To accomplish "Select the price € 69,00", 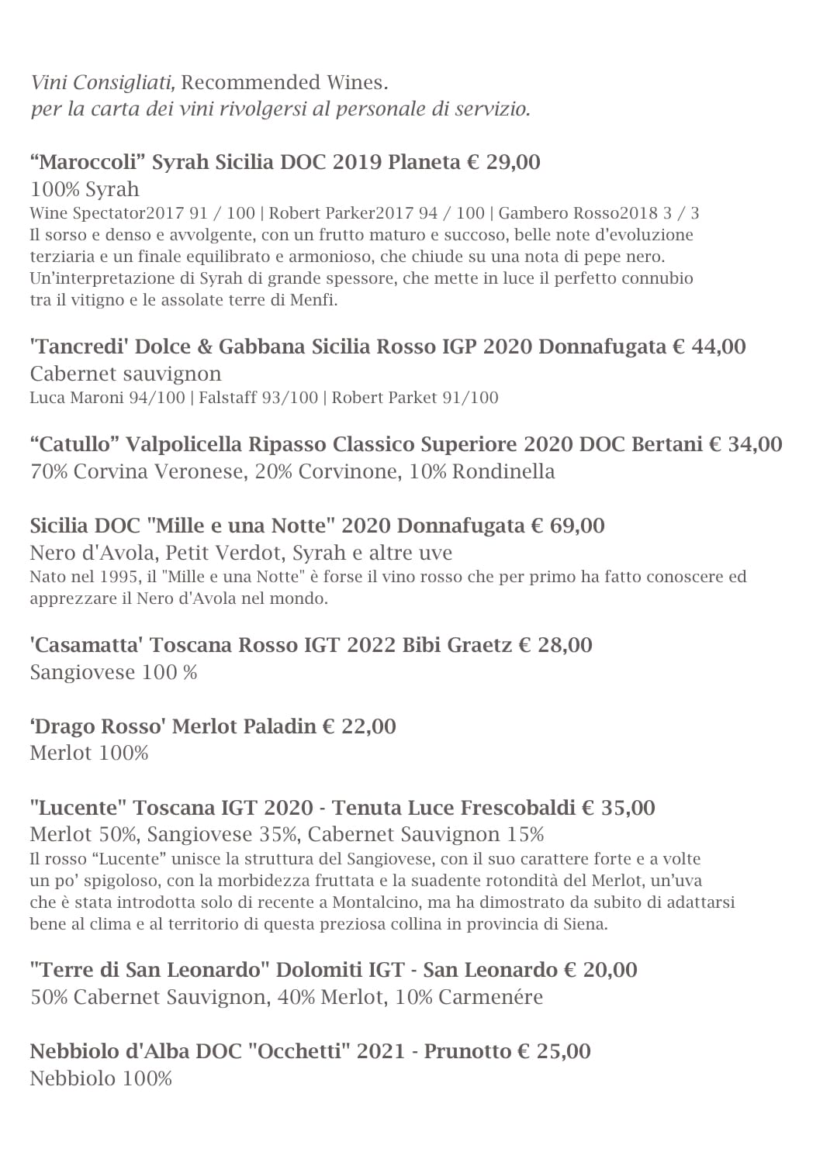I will point(568,526).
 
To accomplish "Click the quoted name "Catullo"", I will point(74,444).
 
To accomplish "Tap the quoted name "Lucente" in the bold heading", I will point(78,808).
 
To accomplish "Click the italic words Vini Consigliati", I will point(102,82).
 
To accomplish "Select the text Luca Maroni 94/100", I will point(107,398).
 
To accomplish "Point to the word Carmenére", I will point(490,997).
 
